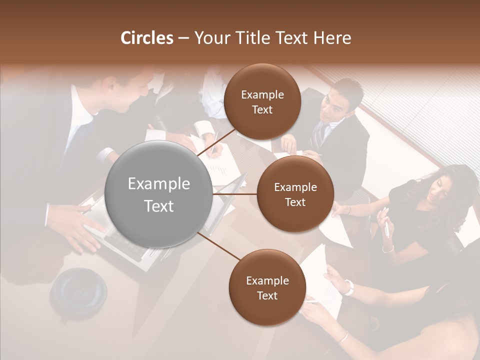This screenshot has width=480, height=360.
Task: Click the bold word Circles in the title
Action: coord(147,38)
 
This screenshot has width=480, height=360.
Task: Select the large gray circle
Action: coord(159,194)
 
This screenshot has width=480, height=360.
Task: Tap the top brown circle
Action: coord(262,102)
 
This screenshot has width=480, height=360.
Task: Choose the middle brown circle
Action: coord(295,194)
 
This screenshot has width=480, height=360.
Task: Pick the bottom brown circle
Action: coord(267,287)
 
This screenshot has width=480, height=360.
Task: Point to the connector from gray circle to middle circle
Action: coord(235,194)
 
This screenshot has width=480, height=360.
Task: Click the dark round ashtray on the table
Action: coord(79,290)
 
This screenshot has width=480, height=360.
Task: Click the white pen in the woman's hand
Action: coord(386,228)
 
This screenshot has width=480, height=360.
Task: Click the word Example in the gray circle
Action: coord(159,184)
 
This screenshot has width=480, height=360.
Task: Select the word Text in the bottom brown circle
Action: coord(267,295)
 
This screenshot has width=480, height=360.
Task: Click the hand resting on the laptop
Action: coord(80,225)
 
